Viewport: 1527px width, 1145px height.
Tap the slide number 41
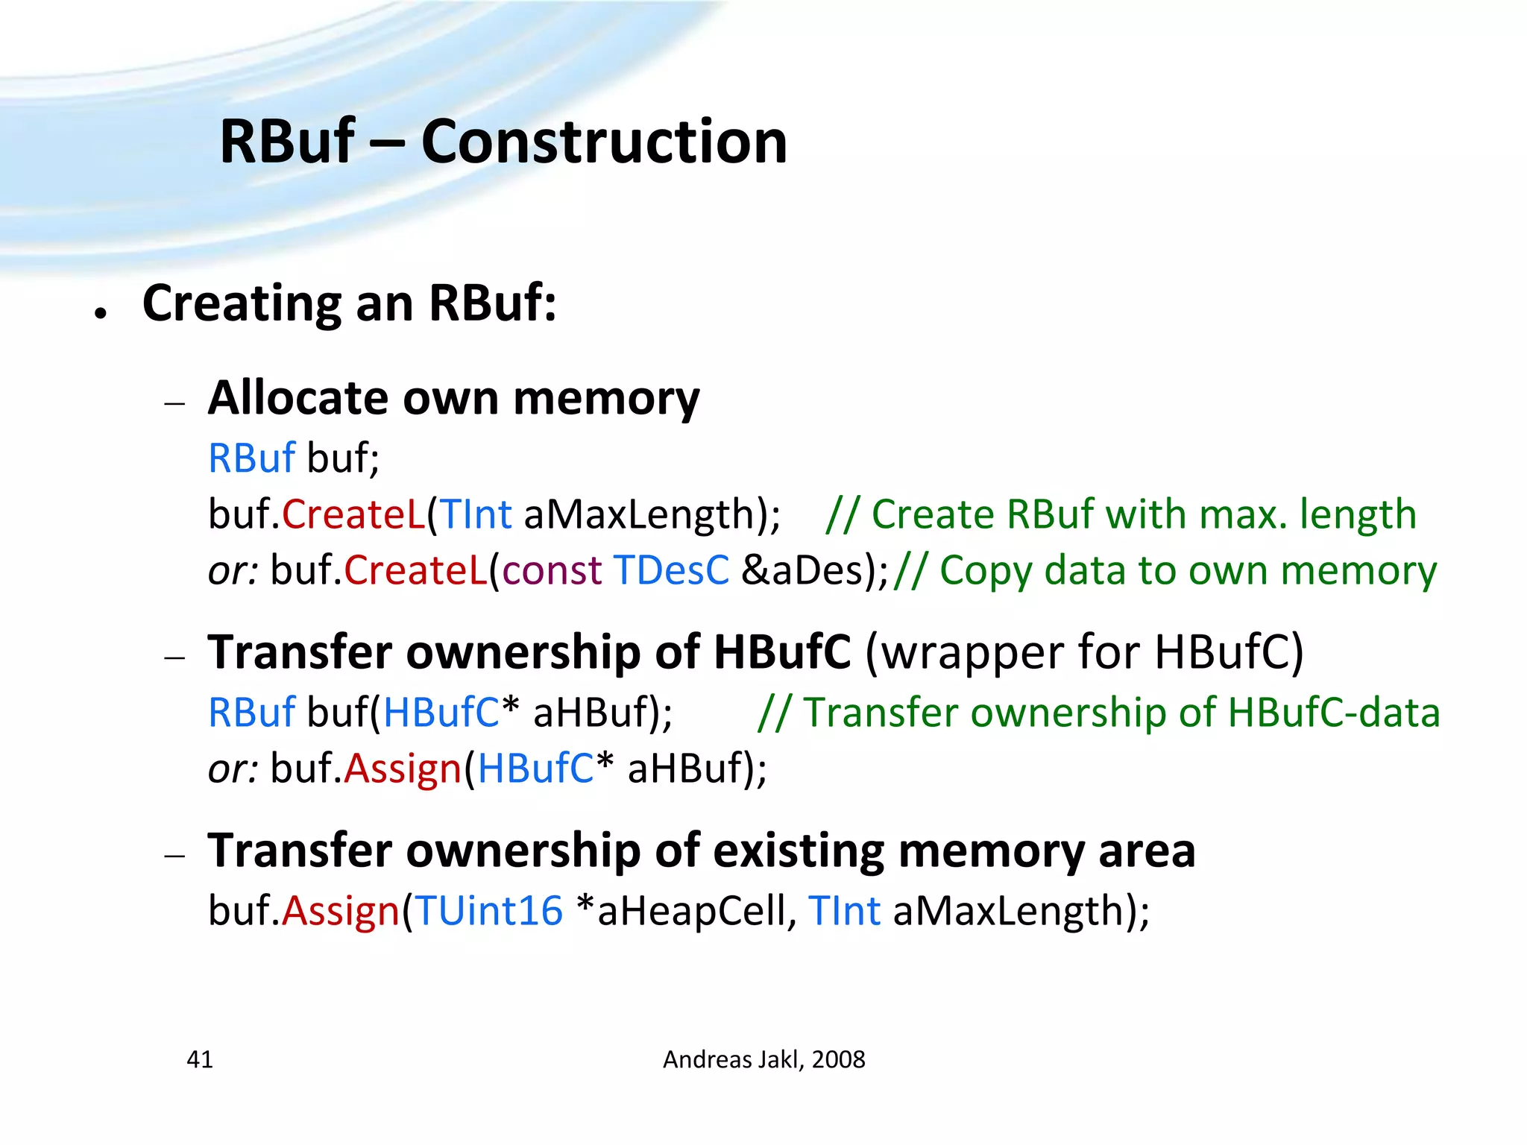(200, 1059)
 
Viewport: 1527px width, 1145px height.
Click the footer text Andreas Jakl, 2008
(763, 1059)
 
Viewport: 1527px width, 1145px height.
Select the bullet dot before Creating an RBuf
(101, 314)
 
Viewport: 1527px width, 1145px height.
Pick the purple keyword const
(552, 570)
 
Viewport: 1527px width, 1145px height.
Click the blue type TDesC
(671, 570)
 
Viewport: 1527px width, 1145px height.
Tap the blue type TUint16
(489, 911)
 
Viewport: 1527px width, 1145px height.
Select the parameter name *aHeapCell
(686, 911)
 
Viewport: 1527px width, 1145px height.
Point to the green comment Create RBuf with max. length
(1144, 514)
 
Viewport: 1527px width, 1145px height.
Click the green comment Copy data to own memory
(1187, 570)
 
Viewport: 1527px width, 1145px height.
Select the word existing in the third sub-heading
(799, 851)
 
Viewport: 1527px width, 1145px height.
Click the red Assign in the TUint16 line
(341, 911)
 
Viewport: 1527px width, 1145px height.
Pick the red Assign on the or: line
(403, 769)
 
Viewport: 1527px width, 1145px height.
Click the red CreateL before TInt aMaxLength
(353, 514)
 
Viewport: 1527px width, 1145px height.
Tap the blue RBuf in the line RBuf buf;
(251, 458)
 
